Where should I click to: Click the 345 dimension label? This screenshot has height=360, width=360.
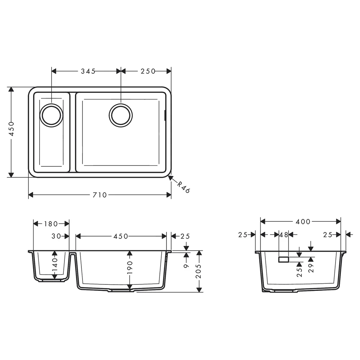[88, 71]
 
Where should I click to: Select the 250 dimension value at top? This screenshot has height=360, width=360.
[148, 71]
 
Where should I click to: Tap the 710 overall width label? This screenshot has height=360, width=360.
[100, 195]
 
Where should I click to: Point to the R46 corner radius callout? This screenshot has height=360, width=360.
[184, 187]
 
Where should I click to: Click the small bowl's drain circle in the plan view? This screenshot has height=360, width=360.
[51, 115]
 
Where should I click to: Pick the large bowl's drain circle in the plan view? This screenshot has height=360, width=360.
[121, 115]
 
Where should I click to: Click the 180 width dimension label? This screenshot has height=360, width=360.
[51, 224]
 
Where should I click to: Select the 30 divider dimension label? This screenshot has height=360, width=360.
[56, 236]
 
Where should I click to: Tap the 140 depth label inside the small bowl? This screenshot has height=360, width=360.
[55, 265]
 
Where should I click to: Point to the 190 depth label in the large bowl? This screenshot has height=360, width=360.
[130, 267]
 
